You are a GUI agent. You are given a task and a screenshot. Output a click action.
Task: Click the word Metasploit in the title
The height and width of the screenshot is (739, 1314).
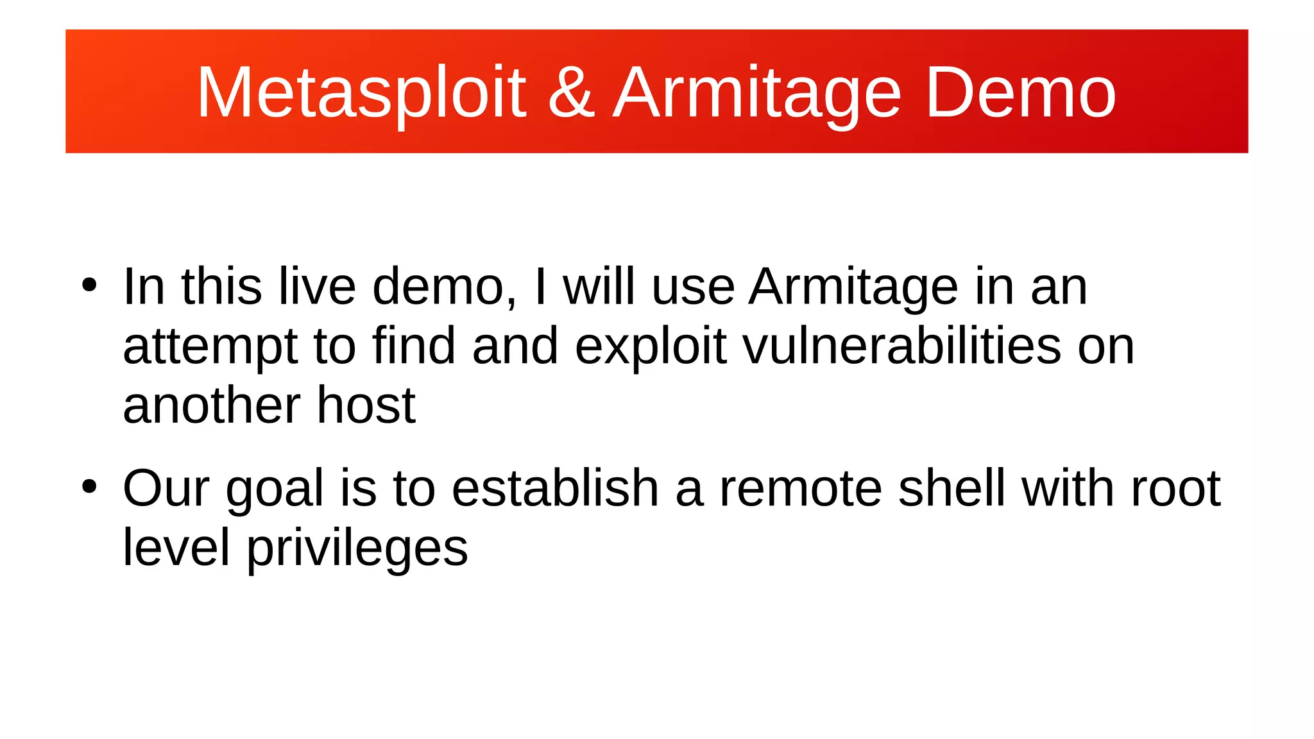point(361,94)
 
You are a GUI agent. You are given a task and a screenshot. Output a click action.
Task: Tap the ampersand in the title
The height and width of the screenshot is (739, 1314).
point(571,94)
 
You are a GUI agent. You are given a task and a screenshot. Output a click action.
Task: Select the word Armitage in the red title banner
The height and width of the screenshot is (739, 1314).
point(757,94)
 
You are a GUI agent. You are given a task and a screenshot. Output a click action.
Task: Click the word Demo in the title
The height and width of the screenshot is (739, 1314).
point(1020,94)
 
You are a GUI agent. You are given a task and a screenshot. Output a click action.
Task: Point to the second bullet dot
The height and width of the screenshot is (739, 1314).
point(89,487)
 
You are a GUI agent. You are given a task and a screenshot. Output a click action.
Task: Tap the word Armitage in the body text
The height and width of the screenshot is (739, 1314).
point(853,287)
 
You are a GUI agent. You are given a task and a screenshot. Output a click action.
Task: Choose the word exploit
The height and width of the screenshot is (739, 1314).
point(651,346)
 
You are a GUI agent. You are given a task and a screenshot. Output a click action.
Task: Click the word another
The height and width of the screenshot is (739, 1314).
point(212,405)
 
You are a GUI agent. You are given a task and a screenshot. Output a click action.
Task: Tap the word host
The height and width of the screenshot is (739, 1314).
point(366,405)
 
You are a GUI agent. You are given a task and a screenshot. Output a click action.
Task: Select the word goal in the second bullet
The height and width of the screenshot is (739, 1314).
point(275,489)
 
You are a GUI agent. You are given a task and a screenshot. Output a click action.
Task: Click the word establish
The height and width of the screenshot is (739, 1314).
point(555,488)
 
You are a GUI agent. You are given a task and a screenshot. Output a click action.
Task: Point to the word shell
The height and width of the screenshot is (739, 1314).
point(951,488)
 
